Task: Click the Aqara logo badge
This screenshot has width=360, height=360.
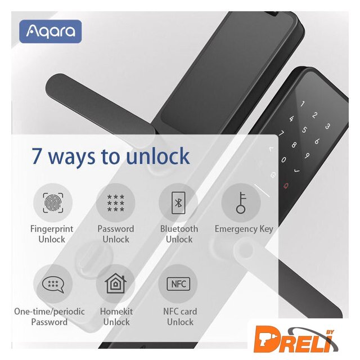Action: (50, 31)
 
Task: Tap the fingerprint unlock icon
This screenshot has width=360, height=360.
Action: (53, 202)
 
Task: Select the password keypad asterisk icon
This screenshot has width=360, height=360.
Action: (116, 203)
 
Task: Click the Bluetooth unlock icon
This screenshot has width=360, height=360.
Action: (178, 202)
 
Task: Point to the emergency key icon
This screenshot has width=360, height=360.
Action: (241, 202)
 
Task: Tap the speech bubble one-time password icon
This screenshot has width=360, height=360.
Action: (53, 284)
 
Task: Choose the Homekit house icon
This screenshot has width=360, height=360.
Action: (115, 283)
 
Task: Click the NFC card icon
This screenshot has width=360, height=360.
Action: (178, 284)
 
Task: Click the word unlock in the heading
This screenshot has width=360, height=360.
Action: (158, 156)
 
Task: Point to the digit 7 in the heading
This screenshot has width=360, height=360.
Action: (36, 156)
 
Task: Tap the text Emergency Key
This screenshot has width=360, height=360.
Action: (244, 229)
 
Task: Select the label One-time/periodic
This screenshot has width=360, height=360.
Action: (49, 312)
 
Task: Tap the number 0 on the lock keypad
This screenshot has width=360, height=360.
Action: (283, 159)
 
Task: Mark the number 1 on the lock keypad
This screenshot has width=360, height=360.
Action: (303, 103)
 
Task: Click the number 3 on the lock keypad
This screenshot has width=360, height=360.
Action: (328, 126)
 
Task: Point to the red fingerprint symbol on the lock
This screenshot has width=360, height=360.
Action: (286, 186)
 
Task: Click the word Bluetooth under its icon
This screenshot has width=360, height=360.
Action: (179, 229)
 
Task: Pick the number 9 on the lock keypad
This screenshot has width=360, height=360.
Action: (307, 155)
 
